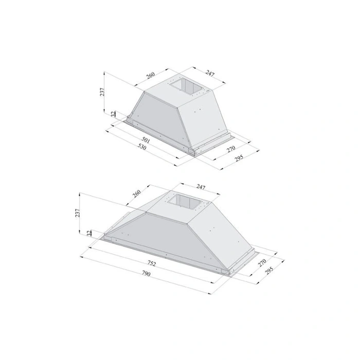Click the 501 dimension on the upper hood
pos(146,140)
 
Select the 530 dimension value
pos(142,147)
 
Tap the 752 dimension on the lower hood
pos(152,263)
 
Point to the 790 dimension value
pos(146,274)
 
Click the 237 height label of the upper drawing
pos(102,92)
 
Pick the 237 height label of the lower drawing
pos(78,213)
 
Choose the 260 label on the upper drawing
pos(151,75)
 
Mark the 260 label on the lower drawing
pos(137,193)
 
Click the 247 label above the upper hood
pos(210,73)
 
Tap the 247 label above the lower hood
pos(201,187)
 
